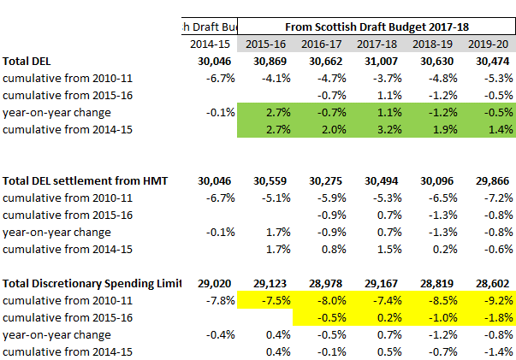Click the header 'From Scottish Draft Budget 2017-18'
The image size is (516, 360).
pos(377,27)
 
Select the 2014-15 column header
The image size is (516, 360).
pos(210,44)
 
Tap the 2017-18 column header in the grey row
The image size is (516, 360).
pos(377,44)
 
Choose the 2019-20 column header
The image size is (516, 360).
pos(488,44)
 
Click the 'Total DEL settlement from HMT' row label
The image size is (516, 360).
pos(85,180)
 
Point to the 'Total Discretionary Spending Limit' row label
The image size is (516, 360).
pos(92,284)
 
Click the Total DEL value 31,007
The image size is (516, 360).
pos(381,62)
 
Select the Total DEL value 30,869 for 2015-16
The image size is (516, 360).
pos(270,62)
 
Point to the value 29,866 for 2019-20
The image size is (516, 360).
pos(492,180)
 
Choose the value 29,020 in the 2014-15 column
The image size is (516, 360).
pos(214,284)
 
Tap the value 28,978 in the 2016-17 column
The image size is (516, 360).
pos(325,284)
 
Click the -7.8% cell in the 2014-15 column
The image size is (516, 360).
pos(221,300)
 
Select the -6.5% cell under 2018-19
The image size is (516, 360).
pos(443,198)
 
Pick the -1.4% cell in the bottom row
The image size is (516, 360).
pos(499,351)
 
